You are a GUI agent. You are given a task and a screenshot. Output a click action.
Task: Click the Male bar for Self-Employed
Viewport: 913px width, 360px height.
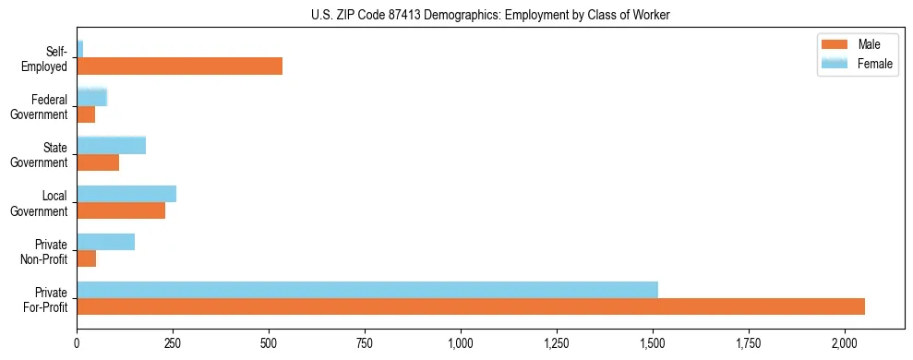point(179,66)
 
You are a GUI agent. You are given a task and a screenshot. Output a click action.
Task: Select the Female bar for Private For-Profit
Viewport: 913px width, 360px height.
point(367,290)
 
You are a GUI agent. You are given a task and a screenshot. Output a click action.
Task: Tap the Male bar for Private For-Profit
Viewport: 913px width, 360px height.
point(471,306)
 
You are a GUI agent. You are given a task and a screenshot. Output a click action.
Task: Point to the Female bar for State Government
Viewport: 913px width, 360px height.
point(111,146)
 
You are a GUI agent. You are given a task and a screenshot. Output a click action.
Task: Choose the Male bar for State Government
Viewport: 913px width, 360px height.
point(98,162)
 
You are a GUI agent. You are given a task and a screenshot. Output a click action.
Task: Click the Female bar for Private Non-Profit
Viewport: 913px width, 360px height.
point(105,242)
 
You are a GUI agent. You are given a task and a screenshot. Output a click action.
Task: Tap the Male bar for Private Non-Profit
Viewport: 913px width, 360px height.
point(86,258)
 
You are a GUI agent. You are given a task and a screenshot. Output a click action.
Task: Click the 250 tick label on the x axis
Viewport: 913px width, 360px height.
point(173,343)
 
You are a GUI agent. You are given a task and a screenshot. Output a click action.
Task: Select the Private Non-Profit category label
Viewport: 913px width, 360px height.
point(47,251)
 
